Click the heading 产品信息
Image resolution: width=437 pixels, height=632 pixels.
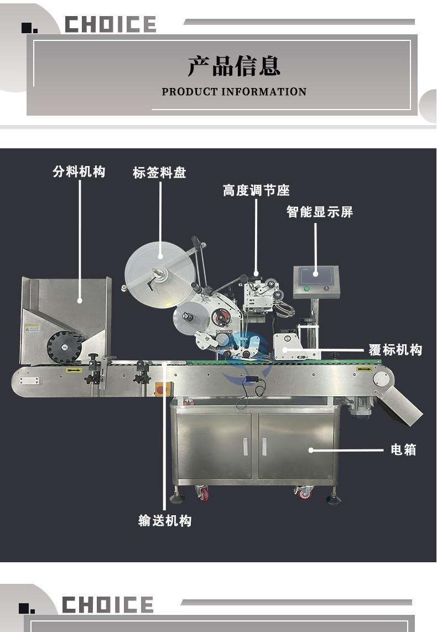pos(233,66)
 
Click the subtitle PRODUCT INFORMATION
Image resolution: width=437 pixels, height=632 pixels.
pos(234,92)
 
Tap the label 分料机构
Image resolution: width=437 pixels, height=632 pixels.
pos(79,172)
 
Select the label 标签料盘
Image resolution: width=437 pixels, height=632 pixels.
pos(159,173)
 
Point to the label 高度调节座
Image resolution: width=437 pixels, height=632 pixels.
pos(256,190)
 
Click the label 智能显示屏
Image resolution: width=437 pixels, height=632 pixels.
pos(320,211)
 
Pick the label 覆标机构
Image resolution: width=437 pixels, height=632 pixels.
pos(396,349)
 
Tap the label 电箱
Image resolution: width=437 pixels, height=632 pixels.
pos(403,449)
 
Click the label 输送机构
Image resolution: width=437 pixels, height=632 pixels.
pos(165,520)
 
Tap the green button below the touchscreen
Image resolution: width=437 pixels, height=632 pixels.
pos(306,288)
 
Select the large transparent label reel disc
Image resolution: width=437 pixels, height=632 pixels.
pos(159,274)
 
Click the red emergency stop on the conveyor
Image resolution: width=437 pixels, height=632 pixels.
pos(159,390)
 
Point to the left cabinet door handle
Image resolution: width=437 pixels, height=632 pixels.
pos(245,447)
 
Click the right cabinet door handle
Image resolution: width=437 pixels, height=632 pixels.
pos(264,447)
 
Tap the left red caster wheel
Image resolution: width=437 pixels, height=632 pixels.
pos(203,493)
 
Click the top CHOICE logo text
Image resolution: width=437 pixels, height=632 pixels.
pos(111,24)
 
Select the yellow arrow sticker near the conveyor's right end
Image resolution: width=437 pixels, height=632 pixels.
pos(363,369)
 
